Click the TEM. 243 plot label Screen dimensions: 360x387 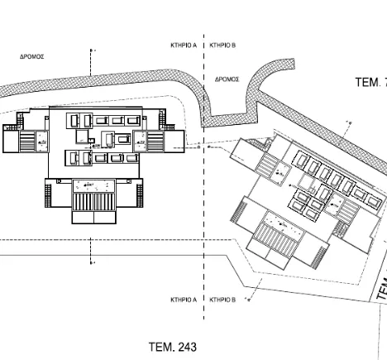point(173,346)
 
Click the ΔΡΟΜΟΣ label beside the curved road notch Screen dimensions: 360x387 point(227,79)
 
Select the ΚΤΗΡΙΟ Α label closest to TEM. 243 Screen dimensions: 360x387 point(183,300)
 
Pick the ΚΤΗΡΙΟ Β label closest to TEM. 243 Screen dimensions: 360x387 point(224,300)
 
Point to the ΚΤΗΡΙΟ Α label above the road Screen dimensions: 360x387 point(183,46)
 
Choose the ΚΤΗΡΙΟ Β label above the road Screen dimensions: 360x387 point(224,46)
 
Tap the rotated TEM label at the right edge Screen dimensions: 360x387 point(381,286)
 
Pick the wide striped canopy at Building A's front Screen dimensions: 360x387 point(94,200)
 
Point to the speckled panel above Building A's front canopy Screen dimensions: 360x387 point(89,183)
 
